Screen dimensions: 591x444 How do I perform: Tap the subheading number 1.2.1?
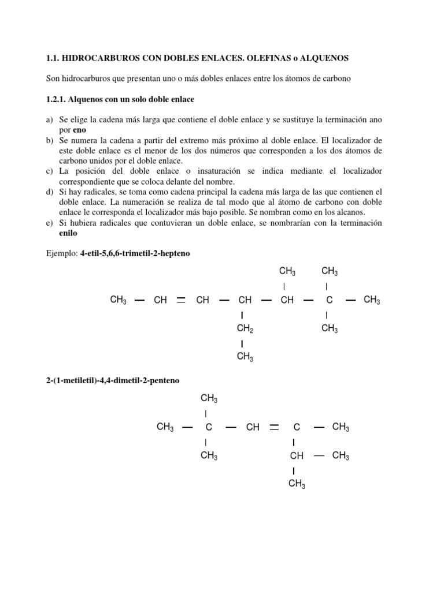click(55, 99)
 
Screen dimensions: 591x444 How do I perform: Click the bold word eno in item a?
click(79, 130)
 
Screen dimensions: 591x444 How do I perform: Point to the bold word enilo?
click(68, 233)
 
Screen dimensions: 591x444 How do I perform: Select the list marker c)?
click(50, 171)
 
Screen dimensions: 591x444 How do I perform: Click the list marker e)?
click(50, 223)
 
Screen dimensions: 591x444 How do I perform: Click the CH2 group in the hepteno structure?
click(245, 329)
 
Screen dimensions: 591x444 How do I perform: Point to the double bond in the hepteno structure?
click(181, 300)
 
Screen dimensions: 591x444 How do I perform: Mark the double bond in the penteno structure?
click(274, 428)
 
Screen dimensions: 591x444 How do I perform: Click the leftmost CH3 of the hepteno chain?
click(118, 300)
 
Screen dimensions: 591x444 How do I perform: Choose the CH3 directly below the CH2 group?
click(245, 357)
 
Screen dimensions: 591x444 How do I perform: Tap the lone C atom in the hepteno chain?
click(329, 300)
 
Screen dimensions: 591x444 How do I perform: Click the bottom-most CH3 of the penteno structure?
click(296, 484)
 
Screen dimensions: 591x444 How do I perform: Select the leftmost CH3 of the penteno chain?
click(165, 428)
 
